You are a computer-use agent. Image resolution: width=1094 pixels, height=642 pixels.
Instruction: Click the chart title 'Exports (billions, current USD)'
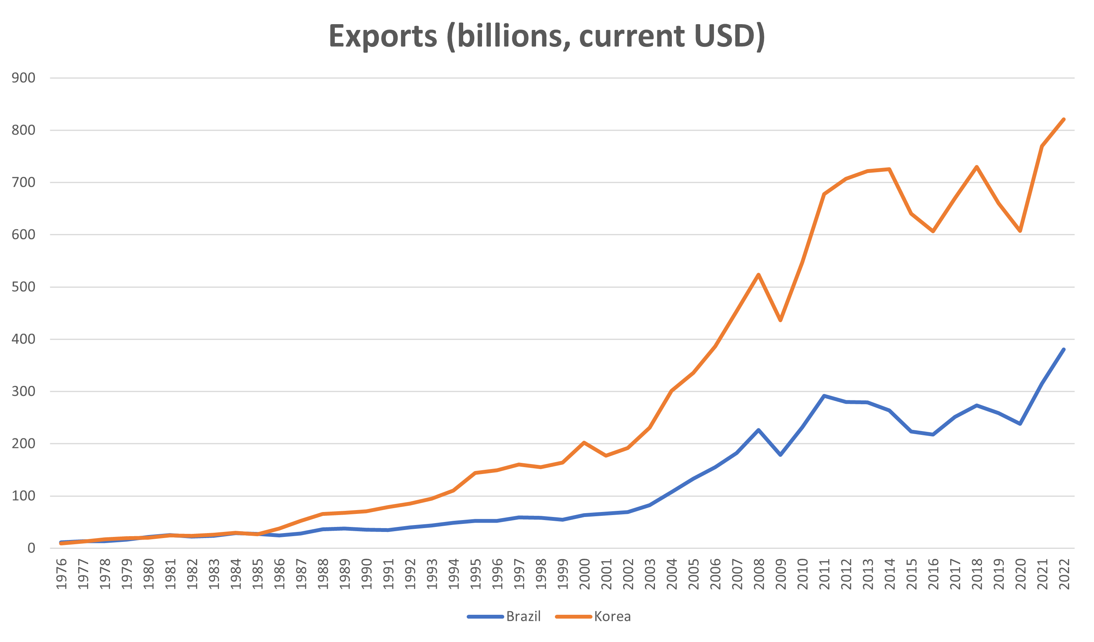click(546, 36)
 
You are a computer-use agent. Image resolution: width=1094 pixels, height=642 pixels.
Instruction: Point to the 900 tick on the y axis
click(23, 78)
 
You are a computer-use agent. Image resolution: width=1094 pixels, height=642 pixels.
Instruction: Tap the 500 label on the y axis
click(23, 287)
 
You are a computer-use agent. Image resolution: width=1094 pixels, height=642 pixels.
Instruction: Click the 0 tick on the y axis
click(31, 548)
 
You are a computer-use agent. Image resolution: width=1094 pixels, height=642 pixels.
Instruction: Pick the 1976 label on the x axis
click(62, 573)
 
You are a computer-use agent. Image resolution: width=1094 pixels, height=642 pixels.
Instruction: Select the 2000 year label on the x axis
click(585, 573)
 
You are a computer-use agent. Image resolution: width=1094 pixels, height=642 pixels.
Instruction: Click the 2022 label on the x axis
click(1064, 573)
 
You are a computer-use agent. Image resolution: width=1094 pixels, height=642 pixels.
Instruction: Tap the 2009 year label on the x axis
click(781, 573)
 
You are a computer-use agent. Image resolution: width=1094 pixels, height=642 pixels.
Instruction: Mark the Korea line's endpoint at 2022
click(1064, 119)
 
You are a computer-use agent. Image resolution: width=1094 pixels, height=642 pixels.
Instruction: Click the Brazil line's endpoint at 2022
click(1064, 349)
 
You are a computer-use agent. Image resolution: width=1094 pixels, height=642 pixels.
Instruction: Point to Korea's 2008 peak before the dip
click(758, 274)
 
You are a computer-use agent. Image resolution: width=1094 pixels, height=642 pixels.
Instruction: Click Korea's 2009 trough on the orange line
click(781, 320)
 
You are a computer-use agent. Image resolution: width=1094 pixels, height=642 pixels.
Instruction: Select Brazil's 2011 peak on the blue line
click(824, 395)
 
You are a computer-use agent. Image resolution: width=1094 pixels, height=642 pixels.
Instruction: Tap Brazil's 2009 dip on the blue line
click(781, 455)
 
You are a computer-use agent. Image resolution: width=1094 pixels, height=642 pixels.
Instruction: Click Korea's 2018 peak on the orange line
click(976, 167)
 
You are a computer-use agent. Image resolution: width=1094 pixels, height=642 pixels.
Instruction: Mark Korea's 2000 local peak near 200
click(584, 442)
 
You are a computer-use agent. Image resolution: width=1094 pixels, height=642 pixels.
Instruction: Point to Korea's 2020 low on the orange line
click(1020, 231)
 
